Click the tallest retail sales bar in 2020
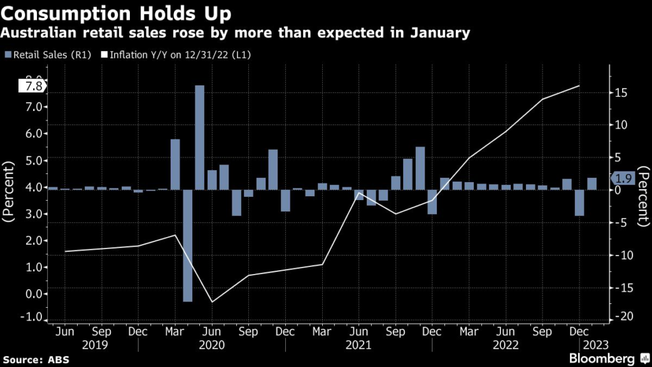coord(199,137)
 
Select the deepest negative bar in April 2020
coord(187,245)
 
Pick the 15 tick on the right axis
coord(621,93)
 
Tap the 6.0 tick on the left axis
coord(34,134)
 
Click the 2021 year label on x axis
coord(358,345)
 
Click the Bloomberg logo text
coord(604,358)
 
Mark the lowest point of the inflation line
coord(212,302)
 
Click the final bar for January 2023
coord(592,183)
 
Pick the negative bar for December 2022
coord(579,203)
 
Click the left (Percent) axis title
coord(10,191)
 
